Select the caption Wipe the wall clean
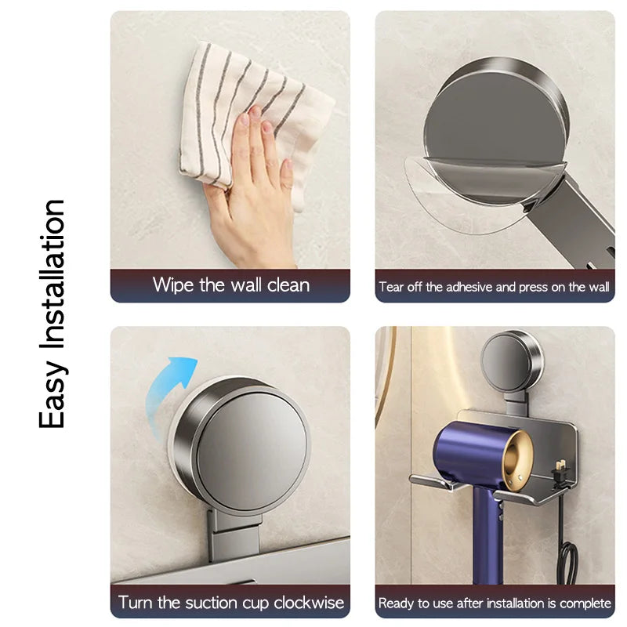click(230, 285)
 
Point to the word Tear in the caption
click(390, 287)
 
